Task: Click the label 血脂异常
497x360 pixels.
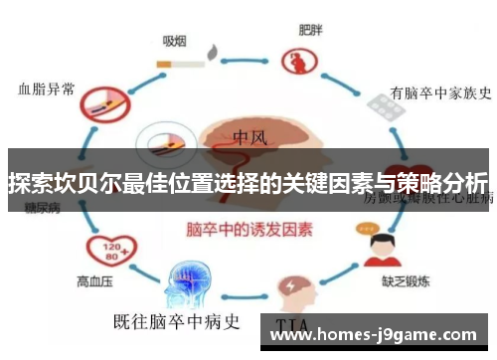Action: tap(47, 89)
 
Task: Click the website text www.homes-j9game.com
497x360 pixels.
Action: tap(381, 335)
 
